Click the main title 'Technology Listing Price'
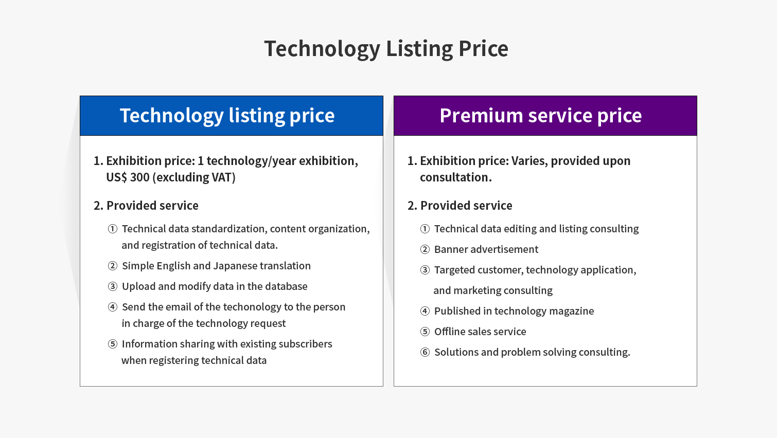386,48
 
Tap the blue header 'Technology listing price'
227,115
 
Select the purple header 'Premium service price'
541,115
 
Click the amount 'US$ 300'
128,177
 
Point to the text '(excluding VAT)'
194,177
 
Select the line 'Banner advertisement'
486,249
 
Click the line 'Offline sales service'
480,332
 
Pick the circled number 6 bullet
425,352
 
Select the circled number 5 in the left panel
112,344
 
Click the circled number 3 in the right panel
425,270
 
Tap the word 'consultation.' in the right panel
456,177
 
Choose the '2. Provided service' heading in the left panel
146,206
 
